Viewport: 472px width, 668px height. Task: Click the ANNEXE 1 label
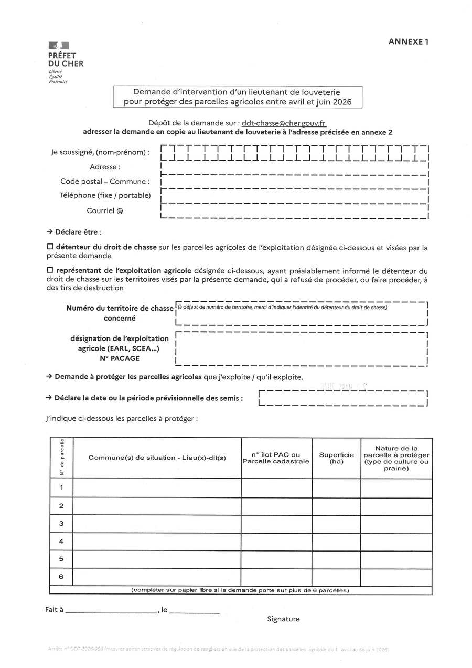(x=408, y=42)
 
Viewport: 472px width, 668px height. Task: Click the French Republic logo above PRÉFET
(x=59, y=46)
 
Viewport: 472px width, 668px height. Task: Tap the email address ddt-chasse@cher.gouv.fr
(x=284, y=123)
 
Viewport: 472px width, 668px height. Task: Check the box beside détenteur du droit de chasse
(x=50, y=247)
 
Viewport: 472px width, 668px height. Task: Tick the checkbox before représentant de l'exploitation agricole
(x=50, y=271)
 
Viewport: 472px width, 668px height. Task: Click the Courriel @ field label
(x=105, y=211)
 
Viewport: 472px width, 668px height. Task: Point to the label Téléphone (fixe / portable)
(x=105, y=196)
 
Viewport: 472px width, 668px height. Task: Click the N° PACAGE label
(x=120, y=358)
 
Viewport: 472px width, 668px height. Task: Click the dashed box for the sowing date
(x=344, y=398)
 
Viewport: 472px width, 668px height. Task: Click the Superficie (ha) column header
(x=336, y=458)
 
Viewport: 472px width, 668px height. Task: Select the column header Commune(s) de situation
(x=157, y=458)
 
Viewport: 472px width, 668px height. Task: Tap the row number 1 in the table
(x=61, y=488)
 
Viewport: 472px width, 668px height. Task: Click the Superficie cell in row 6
(x=336, y=577)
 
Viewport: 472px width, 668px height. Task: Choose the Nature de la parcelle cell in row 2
(x=396, y=506)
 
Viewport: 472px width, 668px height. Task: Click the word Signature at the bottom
(x=283, y=619)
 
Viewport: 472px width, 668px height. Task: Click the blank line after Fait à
(x=111, y=610)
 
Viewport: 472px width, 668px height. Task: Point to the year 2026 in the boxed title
(x=341, y=102)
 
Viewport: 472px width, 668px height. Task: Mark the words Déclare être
(x=78, y=232)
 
